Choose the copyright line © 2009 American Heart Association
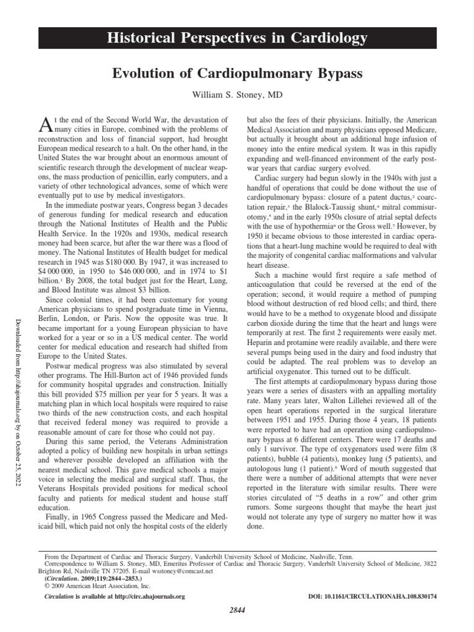[x=85, y=585]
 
